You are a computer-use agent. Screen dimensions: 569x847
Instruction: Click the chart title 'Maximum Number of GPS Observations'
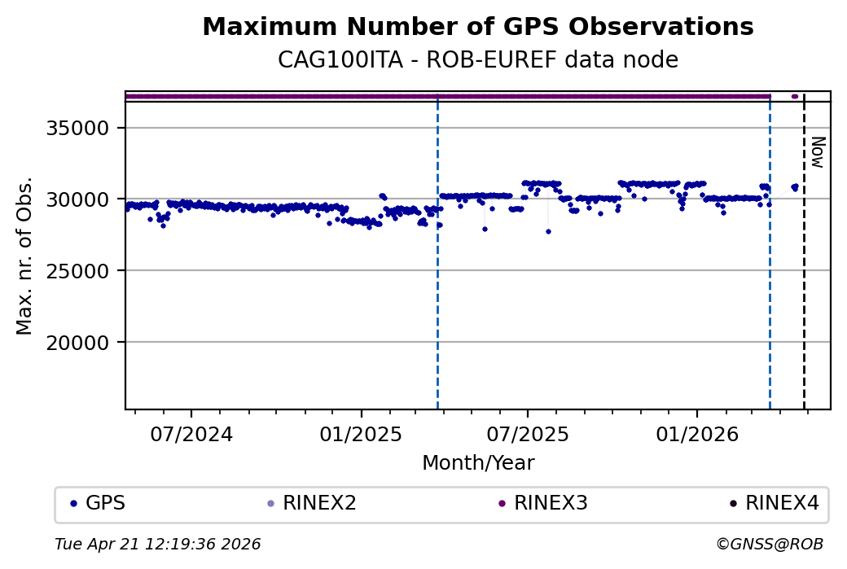(x=477, y=27)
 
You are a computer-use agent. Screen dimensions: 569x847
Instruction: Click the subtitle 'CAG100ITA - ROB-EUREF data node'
(x=477, y=60)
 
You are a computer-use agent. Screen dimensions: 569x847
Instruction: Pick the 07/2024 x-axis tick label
(x=191, y=434)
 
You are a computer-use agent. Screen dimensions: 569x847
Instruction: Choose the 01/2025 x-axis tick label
(x=362, y=434)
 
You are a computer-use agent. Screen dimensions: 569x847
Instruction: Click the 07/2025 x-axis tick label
(x=527, y=434)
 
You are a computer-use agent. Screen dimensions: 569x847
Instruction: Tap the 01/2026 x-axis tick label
(x=697, y=434)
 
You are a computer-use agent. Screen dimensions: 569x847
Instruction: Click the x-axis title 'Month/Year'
(x=478, y=463)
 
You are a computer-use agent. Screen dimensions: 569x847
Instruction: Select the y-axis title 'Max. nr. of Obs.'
(x=24, y=256)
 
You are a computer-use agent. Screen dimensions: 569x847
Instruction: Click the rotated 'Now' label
(x=818, y=152)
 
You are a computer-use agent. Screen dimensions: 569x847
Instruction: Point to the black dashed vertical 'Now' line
(x=805, y=285)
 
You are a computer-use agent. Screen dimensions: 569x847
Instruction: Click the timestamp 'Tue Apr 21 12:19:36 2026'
(x=158, y=544)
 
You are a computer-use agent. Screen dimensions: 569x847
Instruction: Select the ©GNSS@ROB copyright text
(x=770, y=544)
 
